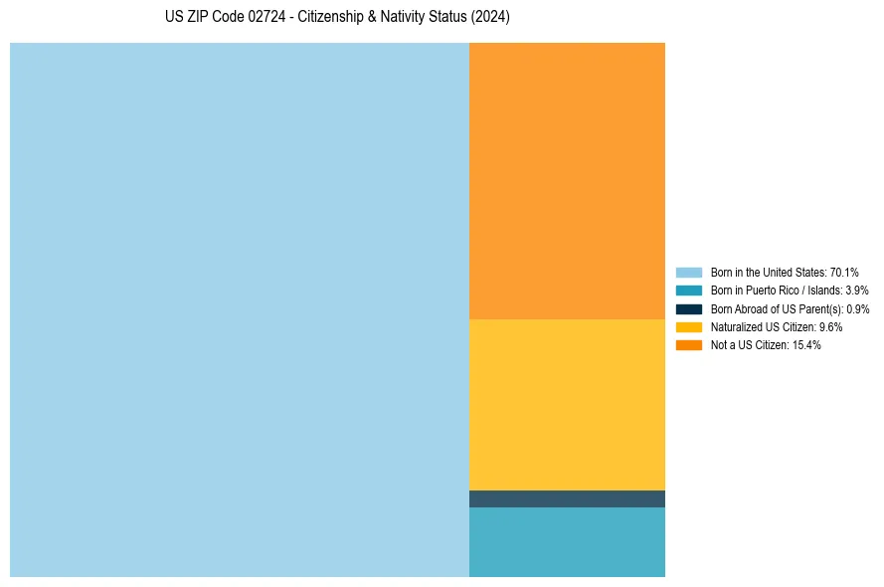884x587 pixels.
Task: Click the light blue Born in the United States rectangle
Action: tap(239, 309)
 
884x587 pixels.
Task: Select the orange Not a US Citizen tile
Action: tap(567, 180)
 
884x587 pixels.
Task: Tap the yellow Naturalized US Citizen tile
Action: tap(567, 404)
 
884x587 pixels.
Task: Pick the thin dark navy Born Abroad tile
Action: tap(567, 498)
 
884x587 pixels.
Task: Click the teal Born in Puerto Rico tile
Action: tap(567, 541)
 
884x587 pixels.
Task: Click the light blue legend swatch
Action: tap(689, 272)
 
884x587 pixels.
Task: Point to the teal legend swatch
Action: tap(689, 291)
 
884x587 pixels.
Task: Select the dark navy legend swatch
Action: tap(689, 308)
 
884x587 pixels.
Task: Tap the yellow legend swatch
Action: tap(689, 326)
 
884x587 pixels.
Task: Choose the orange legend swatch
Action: tap(689, 345)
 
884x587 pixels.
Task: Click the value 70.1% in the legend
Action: tap(844, 272)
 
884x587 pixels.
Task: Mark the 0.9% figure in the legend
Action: tap(857, 309)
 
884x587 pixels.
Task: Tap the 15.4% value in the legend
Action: tap(806, 345)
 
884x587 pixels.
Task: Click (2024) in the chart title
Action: tap(490, 18)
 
